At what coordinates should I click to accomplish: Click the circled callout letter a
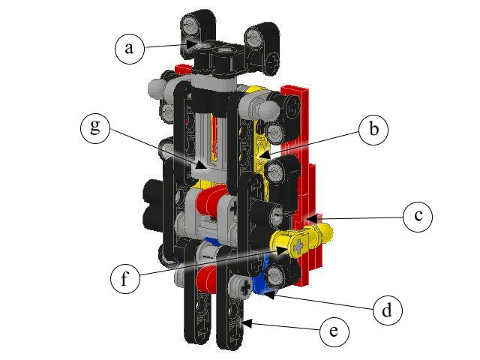point(129,48)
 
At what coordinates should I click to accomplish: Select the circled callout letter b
point(373,129)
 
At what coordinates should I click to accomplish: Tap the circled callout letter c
point(418,217)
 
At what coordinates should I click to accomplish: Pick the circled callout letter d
point(388,309)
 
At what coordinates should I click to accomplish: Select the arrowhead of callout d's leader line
point(265,293)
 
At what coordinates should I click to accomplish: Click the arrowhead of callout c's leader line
point(310,219)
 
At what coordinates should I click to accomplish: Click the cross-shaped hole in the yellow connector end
point(300,245)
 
